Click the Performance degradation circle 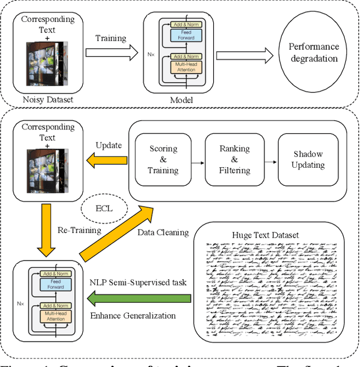[x=314, y=53]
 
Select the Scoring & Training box [x=163, y=160]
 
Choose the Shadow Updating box [x=308, y=160]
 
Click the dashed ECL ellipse [x=105, y=208]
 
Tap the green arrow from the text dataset [x=141, y=298]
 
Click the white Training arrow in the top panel [x=111, y=53]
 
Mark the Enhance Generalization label [x=133, y=315]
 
